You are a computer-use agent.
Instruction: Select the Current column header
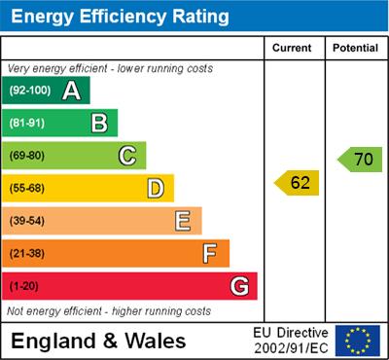point(293,48)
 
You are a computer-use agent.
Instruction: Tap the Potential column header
point(355,48)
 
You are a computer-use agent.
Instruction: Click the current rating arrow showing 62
point(298,182)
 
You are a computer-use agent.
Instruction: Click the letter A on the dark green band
point(71,90)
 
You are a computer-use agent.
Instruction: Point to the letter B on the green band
point(99,123)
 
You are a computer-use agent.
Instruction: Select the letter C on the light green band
point(127,155)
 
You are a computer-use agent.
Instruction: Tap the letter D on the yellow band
point(156,188)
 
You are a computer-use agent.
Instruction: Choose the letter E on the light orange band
point(183,221)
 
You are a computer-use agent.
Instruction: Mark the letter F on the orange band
point(210,253)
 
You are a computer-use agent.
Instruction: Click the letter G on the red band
point(239,286)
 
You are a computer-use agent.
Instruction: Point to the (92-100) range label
point(31,91)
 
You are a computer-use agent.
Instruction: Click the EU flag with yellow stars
point(358,341)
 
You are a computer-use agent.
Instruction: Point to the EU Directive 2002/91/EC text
point(291,341)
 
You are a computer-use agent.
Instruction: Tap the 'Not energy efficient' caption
point(109,311)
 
